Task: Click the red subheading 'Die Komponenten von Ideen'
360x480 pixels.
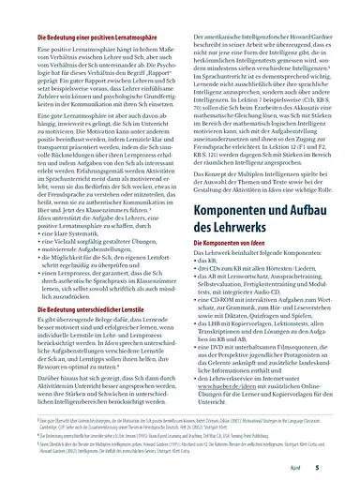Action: tap(231, 241)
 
